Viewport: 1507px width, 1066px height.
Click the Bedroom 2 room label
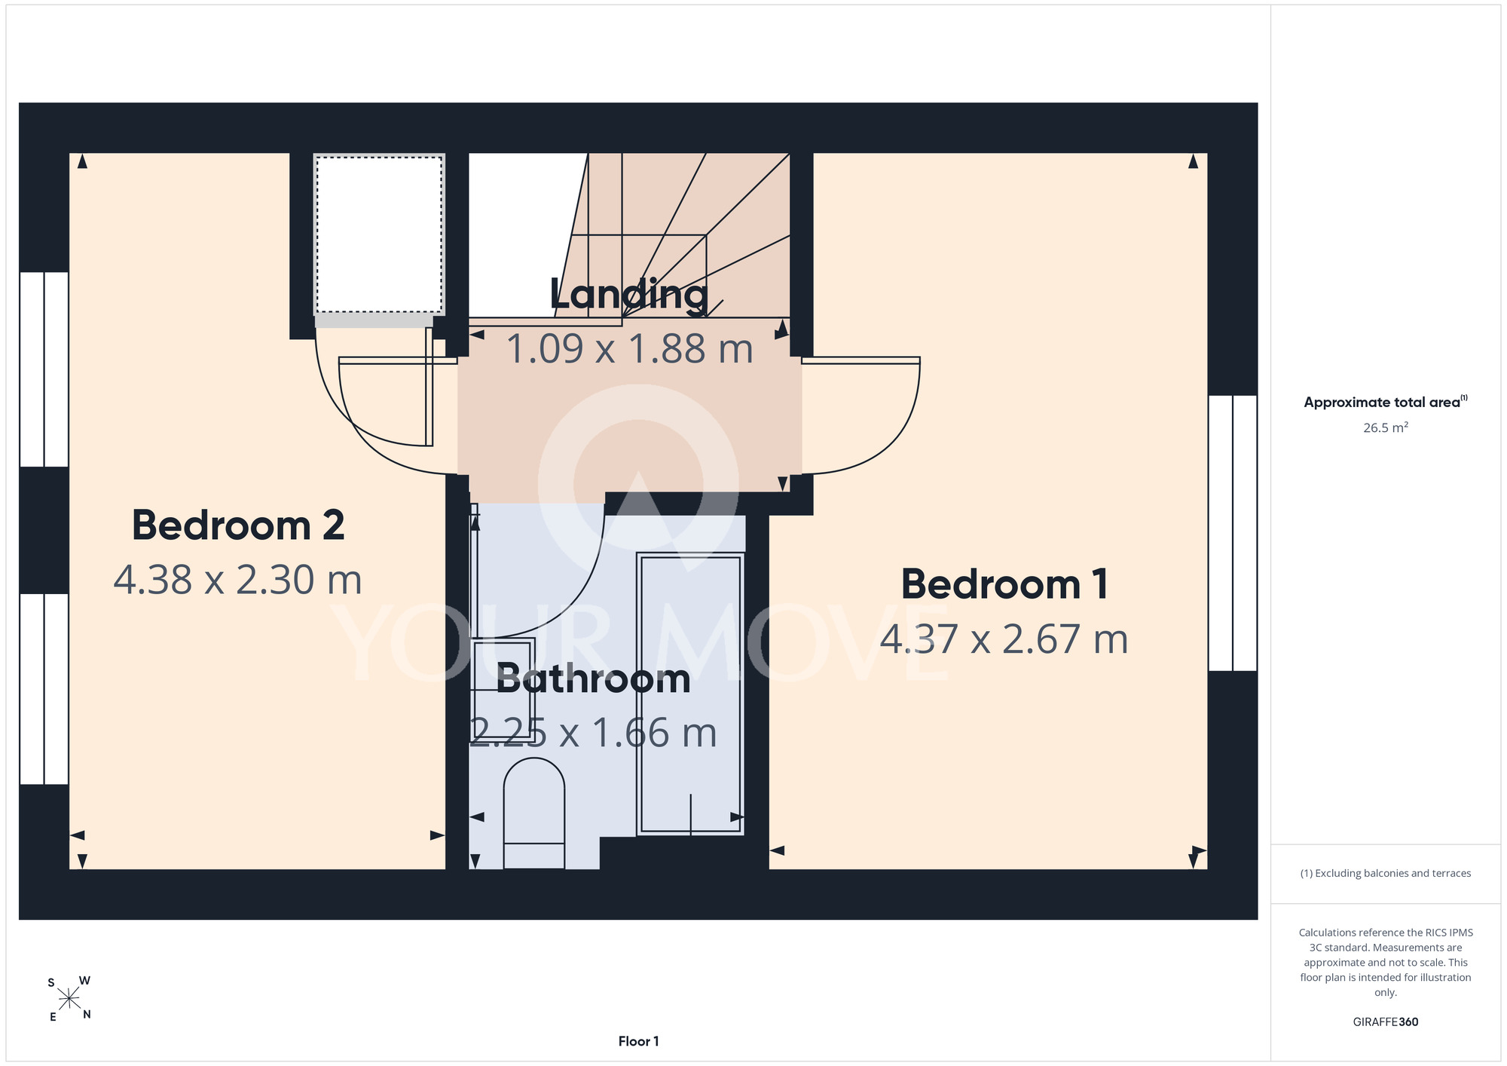pos(238,525)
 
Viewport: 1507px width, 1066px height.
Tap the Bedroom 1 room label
pos(1004,584)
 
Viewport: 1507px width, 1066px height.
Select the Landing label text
pos(629,295)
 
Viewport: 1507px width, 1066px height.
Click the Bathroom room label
pos(594,679)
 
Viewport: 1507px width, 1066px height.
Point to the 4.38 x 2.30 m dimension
pos(238,580)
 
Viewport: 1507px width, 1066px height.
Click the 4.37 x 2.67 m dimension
pos(1004,639)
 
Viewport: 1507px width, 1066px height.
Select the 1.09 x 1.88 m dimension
pos(629,349)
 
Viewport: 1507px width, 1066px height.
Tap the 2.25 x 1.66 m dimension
pos(594,734)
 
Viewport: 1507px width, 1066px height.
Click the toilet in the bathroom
pos(533,813)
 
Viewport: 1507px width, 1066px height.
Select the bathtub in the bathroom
pos(690,694)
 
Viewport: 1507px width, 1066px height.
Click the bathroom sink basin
pos(503,679)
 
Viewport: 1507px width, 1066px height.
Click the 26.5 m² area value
pos(1385,427)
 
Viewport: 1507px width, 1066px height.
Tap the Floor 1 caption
pos(638,1041)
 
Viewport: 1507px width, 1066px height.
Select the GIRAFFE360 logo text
pos(1385,1022)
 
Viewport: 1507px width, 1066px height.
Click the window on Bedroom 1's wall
pos(1233,533)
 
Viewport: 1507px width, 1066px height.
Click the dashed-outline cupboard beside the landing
pos(379,234)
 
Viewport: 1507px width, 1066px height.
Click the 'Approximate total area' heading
pos(1385,402)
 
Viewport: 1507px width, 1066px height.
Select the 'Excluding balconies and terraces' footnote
pos(1385,874)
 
